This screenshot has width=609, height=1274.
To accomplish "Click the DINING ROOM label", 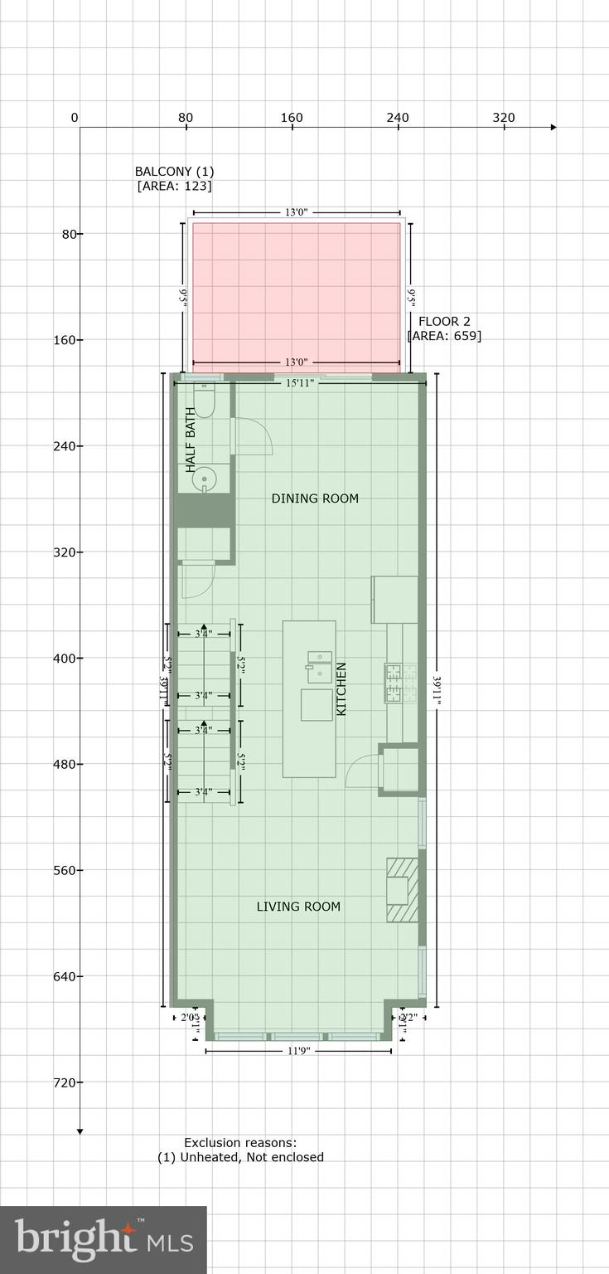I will point(315,498).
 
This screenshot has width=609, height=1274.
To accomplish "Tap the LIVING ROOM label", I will point(298,907).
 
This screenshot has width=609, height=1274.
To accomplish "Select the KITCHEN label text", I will point(341,688).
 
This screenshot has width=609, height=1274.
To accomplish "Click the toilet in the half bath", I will point(204,401).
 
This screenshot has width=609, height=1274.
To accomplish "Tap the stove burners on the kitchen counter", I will point(394,683).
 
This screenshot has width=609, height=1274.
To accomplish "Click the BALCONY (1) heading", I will point(174,172).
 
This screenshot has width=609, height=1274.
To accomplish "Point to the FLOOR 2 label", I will point(444,322).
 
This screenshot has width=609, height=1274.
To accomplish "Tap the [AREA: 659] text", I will point(444,336).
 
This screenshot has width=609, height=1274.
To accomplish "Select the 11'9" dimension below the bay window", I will point(298,1051).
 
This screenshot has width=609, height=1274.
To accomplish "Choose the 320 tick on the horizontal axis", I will point(504,118).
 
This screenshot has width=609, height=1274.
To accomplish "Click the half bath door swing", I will point(253,435).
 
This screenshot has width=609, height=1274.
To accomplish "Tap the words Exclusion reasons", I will point(240,1143).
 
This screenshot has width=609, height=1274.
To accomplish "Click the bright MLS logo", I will point(104,1239).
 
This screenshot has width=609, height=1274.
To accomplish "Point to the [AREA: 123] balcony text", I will point(174,186).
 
